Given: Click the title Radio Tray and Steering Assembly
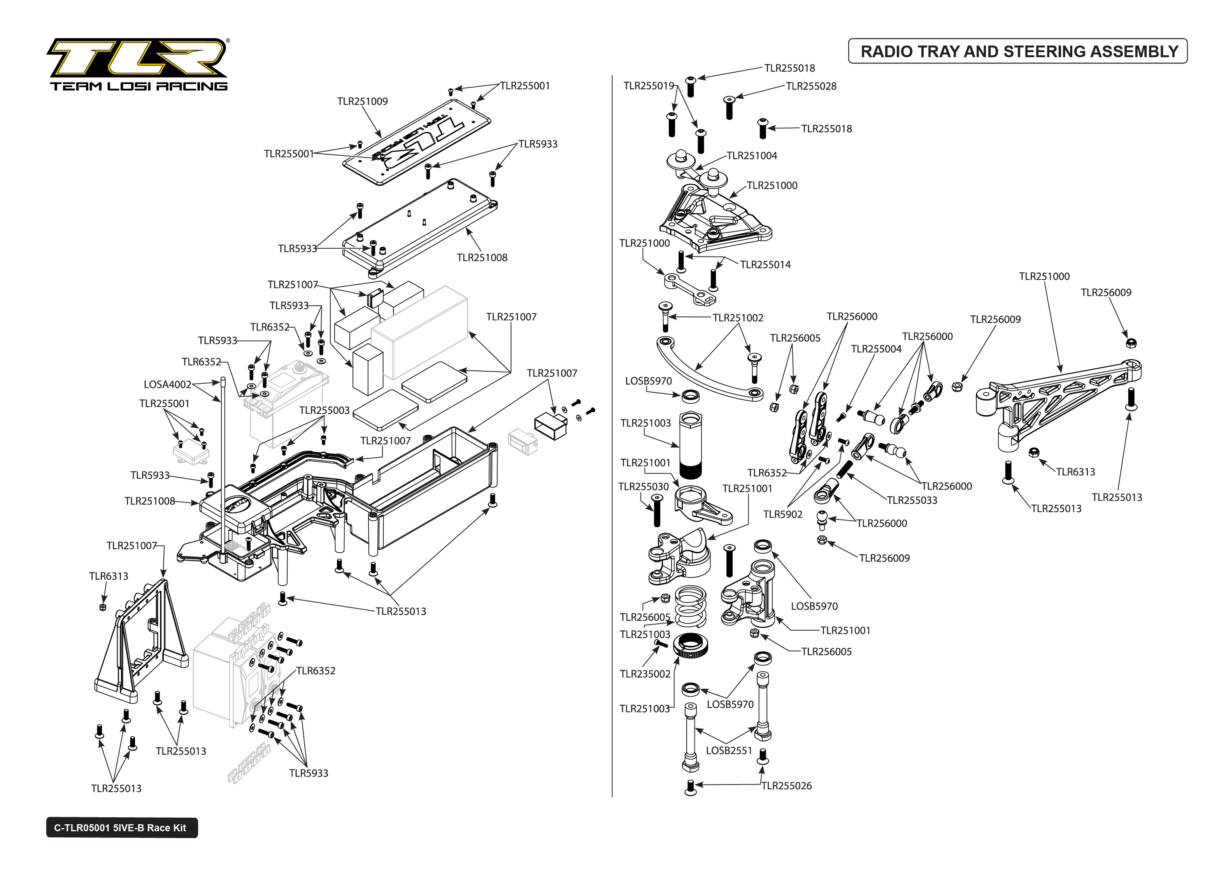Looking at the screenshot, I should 1019,51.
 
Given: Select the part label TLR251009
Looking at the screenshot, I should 362,102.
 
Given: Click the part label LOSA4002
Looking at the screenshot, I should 167,384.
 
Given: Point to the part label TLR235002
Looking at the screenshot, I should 645,674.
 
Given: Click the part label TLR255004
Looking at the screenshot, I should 876,349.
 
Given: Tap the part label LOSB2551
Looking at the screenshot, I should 729,750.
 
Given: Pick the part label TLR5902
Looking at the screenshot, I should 782,514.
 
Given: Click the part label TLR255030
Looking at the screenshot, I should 643,486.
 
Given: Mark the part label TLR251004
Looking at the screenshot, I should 752,156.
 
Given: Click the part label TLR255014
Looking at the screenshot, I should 765,265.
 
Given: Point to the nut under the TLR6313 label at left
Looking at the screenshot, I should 102,607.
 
